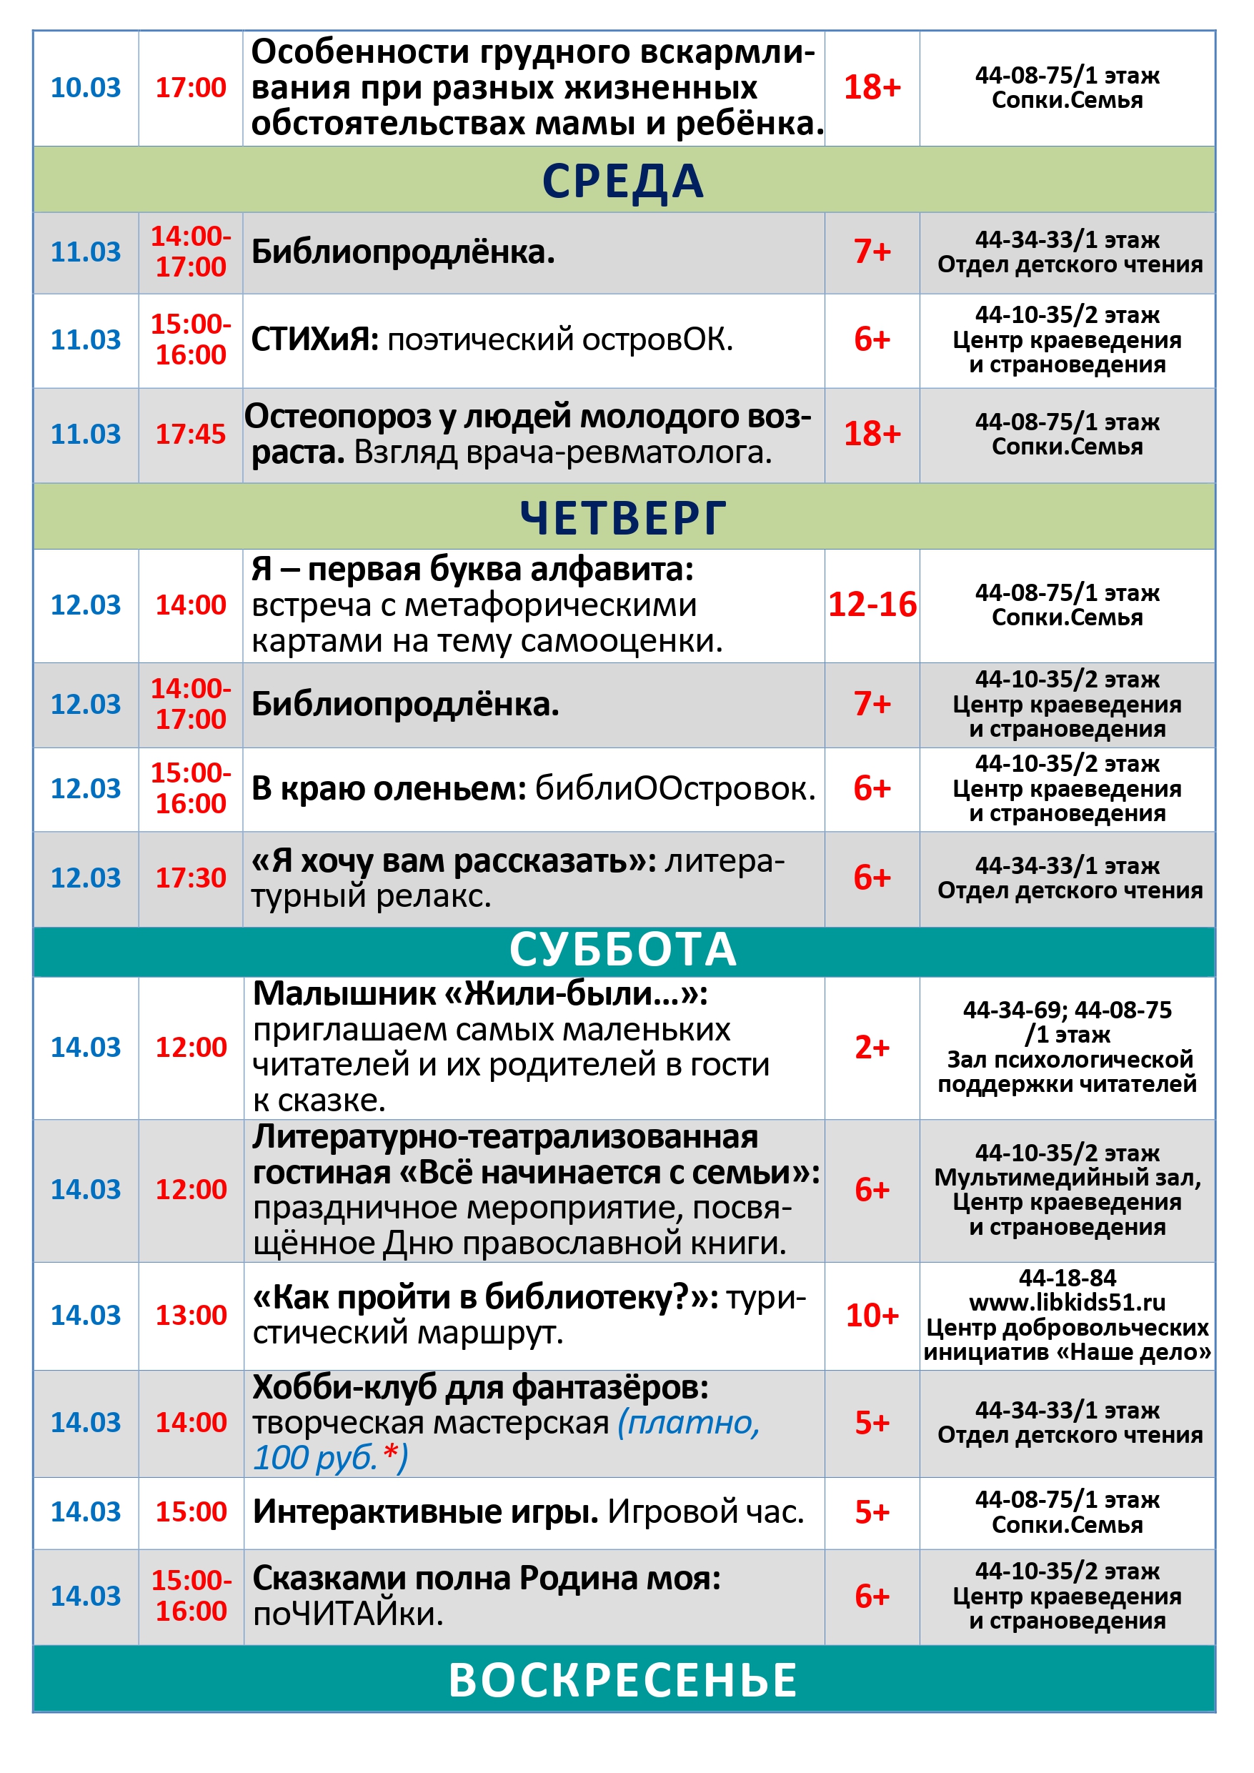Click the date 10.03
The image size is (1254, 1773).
tap(86, 87)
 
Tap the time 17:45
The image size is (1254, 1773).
tap(191, 434)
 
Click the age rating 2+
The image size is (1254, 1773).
tap(872, 1047)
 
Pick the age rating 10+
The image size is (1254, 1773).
tap(872, 1315)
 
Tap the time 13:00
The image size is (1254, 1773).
tap(191, 1315)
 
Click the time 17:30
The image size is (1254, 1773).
tap(191, 878)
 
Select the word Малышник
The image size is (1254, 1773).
tap(344, 994)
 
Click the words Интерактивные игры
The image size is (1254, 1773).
tap(425, 1512)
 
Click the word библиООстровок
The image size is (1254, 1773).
tap(675, 788)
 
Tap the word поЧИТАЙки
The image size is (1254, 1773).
tap(347, 1614)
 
